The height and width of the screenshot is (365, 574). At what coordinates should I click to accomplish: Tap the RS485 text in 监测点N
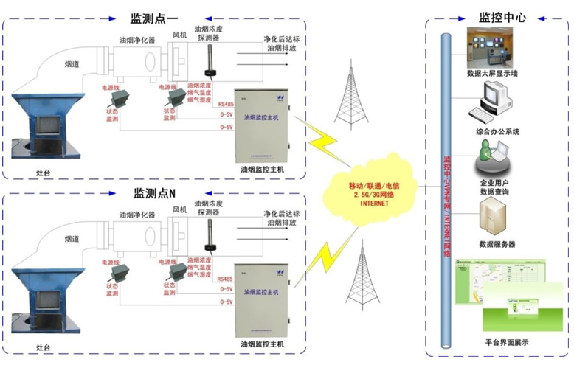226,280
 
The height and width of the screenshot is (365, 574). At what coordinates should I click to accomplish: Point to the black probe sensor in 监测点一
209,63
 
